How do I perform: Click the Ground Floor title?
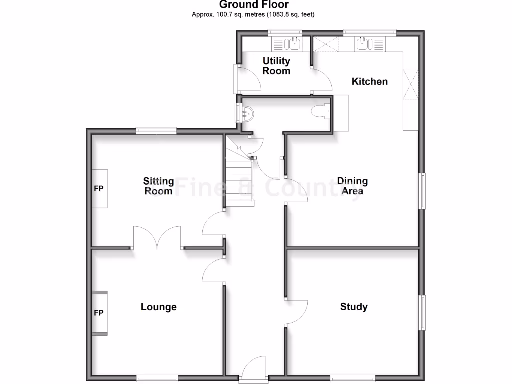(253, 5)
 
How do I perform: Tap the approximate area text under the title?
(253, 14)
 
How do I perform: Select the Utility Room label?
(276, 66)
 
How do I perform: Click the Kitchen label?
(370, 81)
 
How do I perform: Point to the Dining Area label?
(352, 186)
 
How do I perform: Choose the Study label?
(354, 307)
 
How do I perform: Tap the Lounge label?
(158, 307)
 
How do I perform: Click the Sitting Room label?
(158, 186)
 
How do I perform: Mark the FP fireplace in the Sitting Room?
(99, 189)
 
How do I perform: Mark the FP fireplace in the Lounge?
(99, 313)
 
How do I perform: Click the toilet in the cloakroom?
(319, 111)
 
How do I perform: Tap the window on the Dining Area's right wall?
(422, 191)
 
